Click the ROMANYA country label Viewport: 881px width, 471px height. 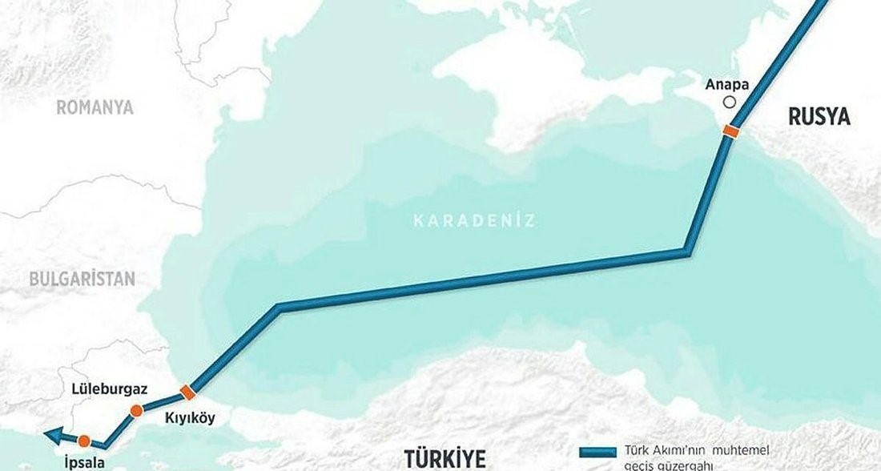[x=94, y=108]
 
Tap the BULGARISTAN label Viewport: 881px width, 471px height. [x=81, y=279]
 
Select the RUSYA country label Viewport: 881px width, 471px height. [x=819, y=117]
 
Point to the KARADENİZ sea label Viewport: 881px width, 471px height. [x=475, y=220]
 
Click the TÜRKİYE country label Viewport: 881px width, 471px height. [x=445, y=459]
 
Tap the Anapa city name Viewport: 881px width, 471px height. [x=728, y=83]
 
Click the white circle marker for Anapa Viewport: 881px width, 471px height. [x=729, y=102]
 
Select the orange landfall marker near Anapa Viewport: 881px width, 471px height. [x=730, y=131]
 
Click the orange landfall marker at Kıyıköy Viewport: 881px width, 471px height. [x=187, y=391]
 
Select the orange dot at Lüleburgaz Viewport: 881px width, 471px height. [x=136, y=411]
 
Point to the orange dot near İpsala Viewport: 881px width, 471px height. [x=84, y=440]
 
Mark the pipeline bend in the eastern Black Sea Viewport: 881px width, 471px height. [x=686, y=252]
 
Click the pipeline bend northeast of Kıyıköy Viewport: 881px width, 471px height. [x=277, y=307]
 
